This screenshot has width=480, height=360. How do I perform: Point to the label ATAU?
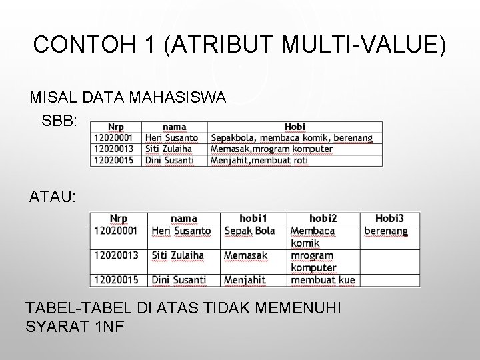(53, 197)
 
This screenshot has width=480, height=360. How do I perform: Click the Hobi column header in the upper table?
(295, 127)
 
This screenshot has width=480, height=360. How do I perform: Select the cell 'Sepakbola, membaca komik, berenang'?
(291, 138)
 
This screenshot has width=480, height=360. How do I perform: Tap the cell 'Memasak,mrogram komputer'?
(271, 149)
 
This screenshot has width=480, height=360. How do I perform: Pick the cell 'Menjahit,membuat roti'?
(259, 160)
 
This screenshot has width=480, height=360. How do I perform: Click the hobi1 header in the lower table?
(253, 218)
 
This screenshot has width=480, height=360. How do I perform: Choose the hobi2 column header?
(323, 218)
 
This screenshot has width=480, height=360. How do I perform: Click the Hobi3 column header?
(389, 218)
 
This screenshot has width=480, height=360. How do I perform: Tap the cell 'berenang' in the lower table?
(386, 231)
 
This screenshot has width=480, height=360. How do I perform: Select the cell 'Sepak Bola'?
(249, 231)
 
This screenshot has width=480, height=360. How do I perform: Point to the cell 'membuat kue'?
(323, 280)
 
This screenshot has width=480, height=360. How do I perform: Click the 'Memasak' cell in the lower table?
(245, 255)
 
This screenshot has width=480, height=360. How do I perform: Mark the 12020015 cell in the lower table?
(116, 280)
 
